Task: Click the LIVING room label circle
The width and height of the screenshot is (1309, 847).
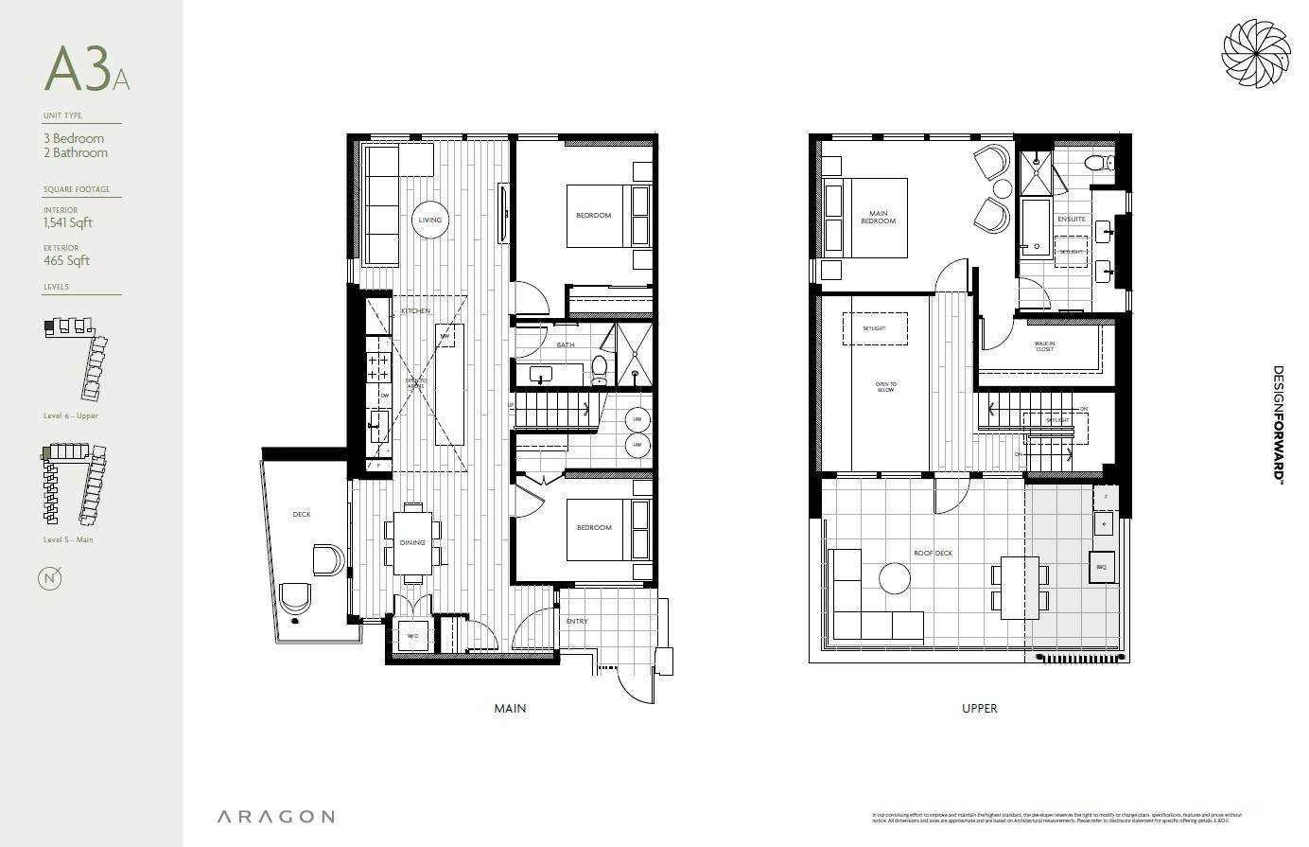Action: point(429,220)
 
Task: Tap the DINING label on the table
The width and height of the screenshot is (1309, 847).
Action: point(412,543)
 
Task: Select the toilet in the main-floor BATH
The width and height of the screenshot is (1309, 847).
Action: point(599,370)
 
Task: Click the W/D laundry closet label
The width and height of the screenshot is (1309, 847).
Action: point(412,636)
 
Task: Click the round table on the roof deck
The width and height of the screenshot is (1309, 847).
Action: point(894,577)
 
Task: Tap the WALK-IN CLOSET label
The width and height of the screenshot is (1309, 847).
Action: point(1044,347)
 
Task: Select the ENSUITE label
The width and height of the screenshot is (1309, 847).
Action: point(1071,219)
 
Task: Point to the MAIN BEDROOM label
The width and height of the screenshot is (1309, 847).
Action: point(878,218)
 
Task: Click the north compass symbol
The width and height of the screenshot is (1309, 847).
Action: point(50,578)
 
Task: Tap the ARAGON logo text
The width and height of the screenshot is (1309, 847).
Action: point(275,817)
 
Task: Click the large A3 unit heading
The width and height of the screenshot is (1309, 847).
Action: point(79,68)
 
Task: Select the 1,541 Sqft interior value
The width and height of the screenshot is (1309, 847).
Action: point(68,223)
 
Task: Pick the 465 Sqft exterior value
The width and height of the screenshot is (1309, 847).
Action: point(66,261)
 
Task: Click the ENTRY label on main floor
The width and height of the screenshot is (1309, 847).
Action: point(577,622)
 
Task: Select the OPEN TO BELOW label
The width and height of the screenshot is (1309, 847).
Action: point(885,387)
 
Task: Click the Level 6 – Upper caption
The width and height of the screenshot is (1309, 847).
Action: point(71,416)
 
